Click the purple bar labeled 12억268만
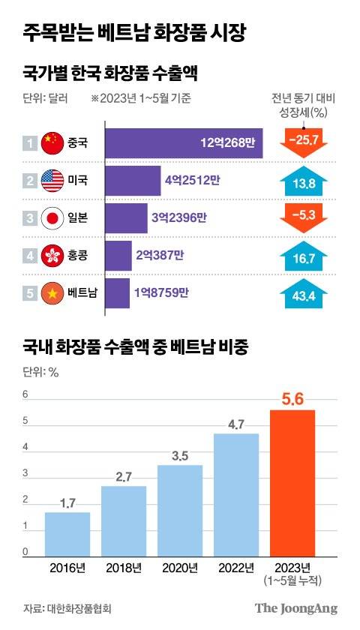pyautogui.click(x=184, y=142)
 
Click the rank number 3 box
pyautogui.click(x=29, y=218)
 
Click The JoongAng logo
pyautogui.click(x=297, y=608)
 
